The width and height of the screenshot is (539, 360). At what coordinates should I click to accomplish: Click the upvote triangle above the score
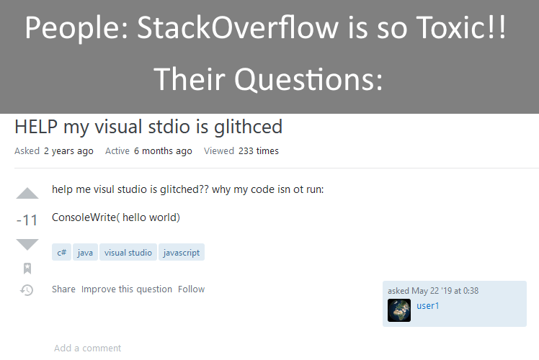[x=27, y=193]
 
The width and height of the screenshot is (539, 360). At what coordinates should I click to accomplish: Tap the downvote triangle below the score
[x=27, y=244]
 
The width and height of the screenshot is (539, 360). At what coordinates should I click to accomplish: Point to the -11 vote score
[x=27, y=220]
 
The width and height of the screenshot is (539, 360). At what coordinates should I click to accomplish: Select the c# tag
[x=62, y=253]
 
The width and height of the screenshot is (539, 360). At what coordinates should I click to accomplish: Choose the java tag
[x=85, y=253]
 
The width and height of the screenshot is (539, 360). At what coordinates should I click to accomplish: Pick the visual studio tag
[x=128, y=253]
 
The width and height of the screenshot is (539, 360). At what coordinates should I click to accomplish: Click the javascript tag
[x=182, y=253]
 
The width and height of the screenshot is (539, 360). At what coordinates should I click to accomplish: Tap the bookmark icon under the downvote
[x=27, y=269]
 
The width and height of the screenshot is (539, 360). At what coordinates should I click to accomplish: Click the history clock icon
[x=27, y=290]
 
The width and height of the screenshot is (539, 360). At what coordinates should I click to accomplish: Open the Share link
[x=63, y=289]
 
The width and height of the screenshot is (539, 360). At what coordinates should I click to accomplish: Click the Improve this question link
[x=126, y=289]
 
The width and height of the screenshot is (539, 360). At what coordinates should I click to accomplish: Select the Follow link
[x=191, y=289]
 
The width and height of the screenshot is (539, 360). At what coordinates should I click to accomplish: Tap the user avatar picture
[x=399, y=310]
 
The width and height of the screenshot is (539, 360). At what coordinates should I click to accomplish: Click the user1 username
[x=428, y=306]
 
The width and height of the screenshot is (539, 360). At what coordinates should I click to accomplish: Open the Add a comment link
[x=87, y=348]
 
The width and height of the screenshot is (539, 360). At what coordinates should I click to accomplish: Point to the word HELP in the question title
[x=36, y=127]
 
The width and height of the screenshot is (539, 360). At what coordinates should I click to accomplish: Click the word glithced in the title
[x=244, y=127]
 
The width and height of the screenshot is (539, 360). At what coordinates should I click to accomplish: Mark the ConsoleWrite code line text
[x=116, y=217]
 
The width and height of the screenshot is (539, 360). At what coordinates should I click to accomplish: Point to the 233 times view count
[x=258, y=151]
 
